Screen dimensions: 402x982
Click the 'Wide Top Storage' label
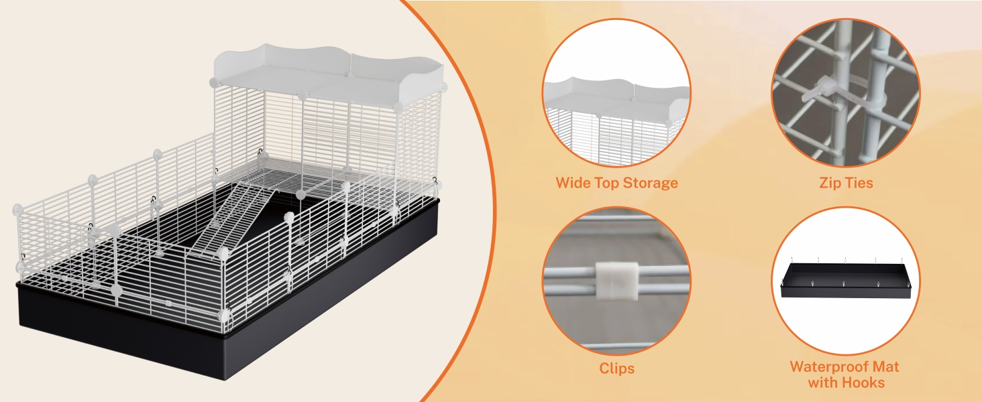pyautogui.click(x=616, y=182)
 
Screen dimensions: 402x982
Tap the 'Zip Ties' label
pyautogui.click(x=846, y=182)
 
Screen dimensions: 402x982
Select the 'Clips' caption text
pyautogui.click(x=616, y=368)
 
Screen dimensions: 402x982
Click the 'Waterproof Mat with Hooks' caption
pyautogui.click(x=845, y=375)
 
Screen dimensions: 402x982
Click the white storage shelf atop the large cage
pyautogui.click(x=329, y=74)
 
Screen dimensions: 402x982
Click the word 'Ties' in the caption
pyautogui.click(x=858, y=182)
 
